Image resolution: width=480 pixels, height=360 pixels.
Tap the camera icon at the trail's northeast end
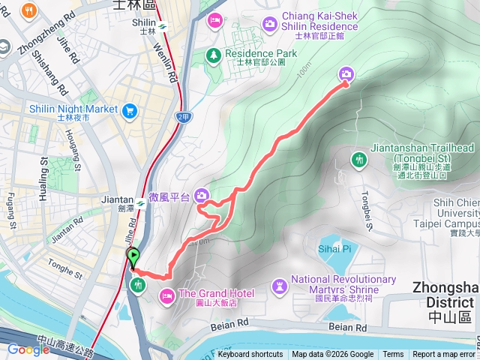346,73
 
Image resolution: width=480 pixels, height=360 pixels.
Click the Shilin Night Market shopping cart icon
130,110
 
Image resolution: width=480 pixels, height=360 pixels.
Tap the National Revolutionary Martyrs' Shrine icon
279,286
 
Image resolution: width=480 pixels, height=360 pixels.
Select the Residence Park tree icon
214,55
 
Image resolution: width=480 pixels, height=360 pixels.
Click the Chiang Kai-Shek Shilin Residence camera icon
269,25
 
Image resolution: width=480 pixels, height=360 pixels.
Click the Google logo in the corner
28,349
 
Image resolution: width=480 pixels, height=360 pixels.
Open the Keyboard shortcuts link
250,355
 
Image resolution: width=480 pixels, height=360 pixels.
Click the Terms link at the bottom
393,355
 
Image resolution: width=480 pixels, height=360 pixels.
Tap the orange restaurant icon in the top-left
30,10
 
